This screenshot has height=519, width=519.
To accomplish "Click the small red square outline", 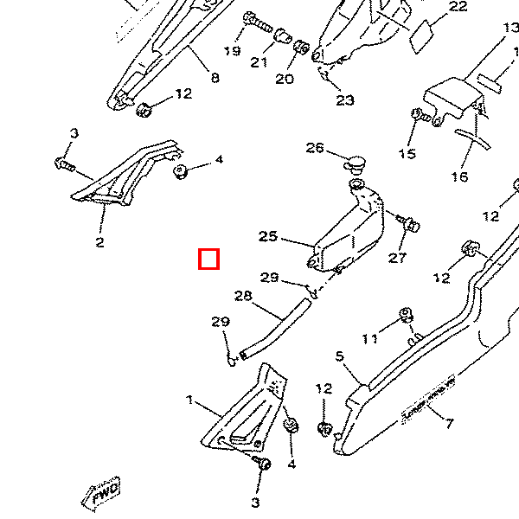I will coord(208,259).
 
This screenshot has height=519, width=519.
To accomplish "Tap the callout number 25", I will coord(267,236).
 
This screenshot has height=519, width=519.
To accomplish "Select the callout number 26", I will coord(314,148).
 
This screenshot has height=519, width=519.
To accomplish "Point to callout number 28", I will coord(243,296).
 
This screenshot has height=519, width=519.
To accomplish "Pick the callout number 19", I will coord(232,51).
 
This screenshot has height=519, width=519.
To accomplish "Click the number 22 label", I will coord(458,7).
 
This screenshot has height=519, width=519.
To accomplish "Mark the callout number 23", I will coord(345,100).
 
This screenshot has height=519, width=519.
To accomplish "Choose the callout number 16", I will coord(459,176).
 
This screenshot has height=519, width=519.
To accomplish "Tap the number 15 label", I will coord(407,154).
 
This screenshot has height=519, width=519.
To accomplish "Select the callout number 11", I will coord(370,339).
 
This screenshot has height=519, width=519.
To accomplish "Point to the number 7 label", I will coord(449,423).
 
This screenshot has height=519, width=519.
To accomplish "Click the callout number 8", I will coord(215,78).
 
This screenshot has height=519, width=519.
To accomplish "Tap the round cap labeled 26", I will coord(356,163).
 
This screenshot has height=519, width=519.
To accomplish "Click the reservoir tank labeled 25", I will coord(349,229).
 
